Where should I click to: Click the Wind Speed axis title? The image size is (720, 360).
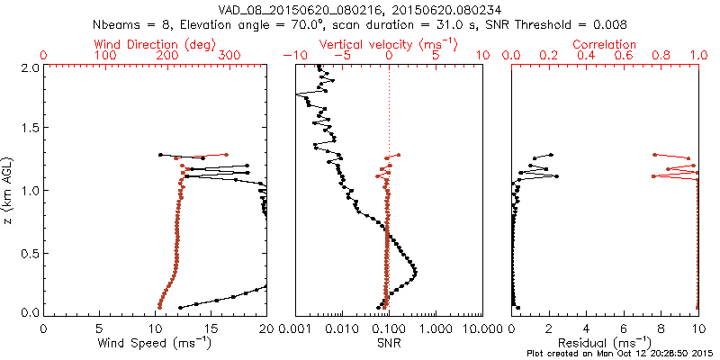tap(156, 343)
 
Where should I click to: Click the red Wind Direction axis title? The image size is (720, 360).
tap(156, 44)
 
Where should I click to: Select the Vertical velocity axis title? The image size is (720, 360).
tap(389, 44)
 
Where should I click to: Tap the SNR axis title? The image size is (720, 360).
tap(389, 343)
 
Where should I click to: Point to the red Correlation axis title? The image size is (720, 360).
tap(605, 44)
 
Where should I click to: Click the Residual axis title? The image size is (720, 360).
tap(605, 343)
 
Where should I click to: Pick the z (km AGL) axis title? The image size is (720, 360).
tap(9, 190)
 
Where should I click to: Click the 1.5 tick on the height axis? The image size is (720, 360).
tap(30, 129)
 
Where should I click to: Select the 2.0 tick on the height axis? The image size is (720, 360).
tap(30, 67)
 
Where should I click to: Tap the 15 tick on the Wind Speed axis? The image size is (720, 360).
tap(211, 328)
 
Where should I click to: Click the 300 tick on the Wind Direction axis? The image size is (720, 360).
tap(229, 56)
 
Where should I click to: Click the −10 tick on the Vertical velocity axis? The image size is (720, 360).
tap(292, 56)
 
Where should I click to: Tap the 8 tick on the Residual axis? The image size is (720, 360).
tap(661, 328)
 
